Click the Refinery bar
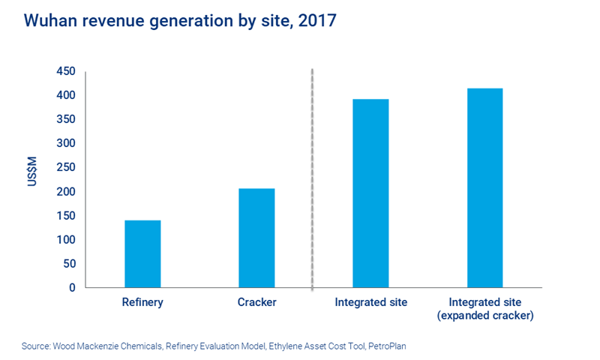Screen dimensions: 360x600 [142, 253]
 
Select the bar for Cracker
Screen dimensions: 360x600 [256, 238]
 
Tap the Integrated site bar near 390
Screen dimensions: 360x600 [370, 193]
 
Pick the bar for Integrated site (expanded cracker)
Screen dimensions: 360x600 [484, 187]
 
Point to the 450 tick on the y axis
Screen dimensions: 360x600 [66, 71]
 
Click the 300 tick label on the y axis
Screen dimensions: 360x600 [66, 143]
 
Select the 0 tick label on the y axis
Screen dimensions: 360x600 [72, 287]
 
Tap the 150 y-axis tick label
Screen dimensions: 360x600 [66, 215]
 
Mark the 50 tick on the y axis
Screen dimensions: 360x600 [69, 263]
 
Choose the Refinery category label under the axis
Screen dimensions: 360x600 [142, 303]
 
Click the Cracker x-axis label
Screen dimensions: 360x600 [256, 303]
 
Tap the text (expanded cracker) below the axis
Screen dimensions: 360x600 [484, 316]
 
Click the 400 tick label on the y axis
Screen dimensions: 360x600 [66, 95]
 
